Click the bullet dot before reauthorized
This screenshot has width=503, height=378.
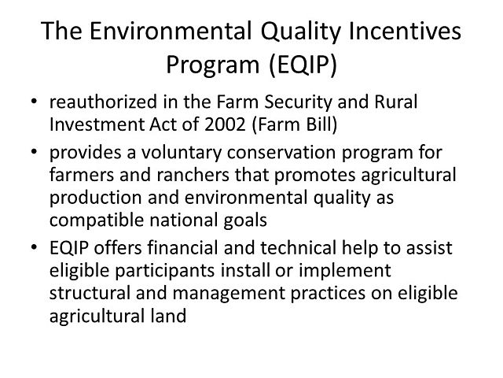pyautogui.click(x=33, y=104)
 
